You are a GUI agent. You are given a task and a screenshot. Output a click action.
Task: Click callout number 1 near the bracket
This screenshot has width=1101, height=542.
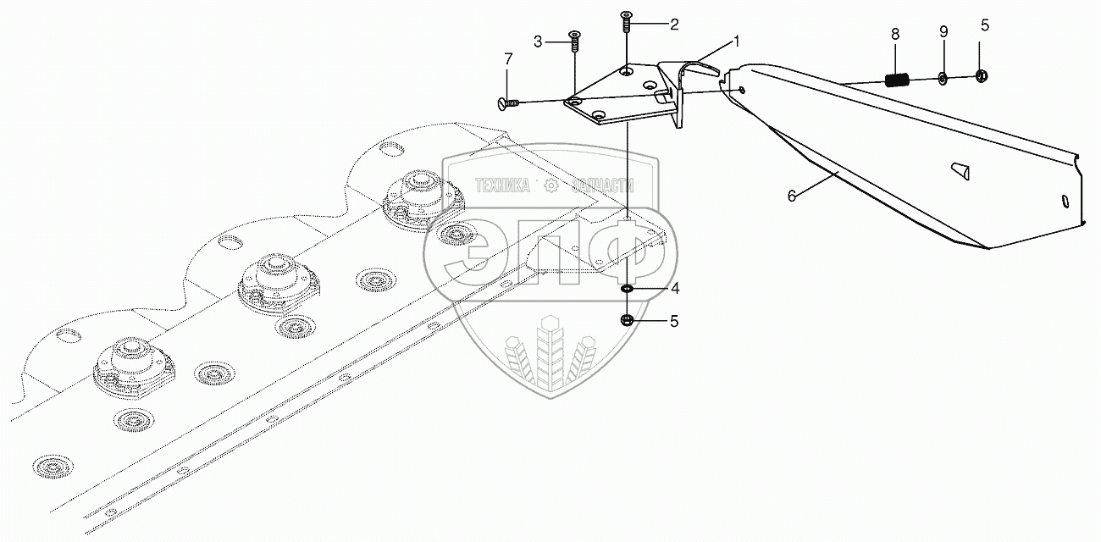point(736,40)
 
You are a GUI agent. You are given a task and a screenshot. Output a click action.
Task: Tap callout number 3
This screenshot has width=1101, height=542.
point(537,40)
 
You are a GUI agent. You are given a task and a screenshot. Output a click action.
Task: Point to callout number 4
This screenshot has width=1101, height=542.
point(674,288)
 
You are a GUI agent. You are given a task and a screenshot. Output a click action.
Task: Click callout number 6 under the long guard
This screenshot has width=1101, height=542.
point(792,196)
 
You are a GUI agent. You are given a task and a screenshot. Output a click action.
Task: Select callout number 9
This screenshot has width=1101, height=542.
point(943,31)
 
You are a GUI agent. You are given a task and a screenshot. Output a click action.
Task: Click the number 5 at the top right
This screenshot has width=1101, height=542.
point(983,25)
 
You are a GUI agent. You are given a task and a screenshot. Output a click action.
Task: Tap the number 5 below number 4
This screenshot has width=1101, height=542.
point(674,321)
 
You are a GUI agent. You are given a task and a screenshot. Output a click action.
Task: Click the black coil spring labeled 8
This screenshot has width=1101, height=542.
point(897,81)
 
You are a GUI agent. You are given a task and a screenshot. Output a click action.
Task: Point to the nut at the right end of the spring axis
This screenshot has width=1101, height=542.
point(982,76)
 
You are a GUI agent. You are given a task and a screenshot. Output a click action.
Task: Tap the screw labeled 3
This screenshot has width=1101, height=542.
point(574,40)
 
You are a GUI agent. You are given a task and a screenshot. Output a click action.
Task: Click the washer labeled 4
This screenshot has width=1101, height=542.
point(627,290)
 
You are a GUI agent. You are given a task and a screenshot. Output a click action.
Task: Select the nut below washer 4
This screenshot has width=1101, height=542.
point(627,320)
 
